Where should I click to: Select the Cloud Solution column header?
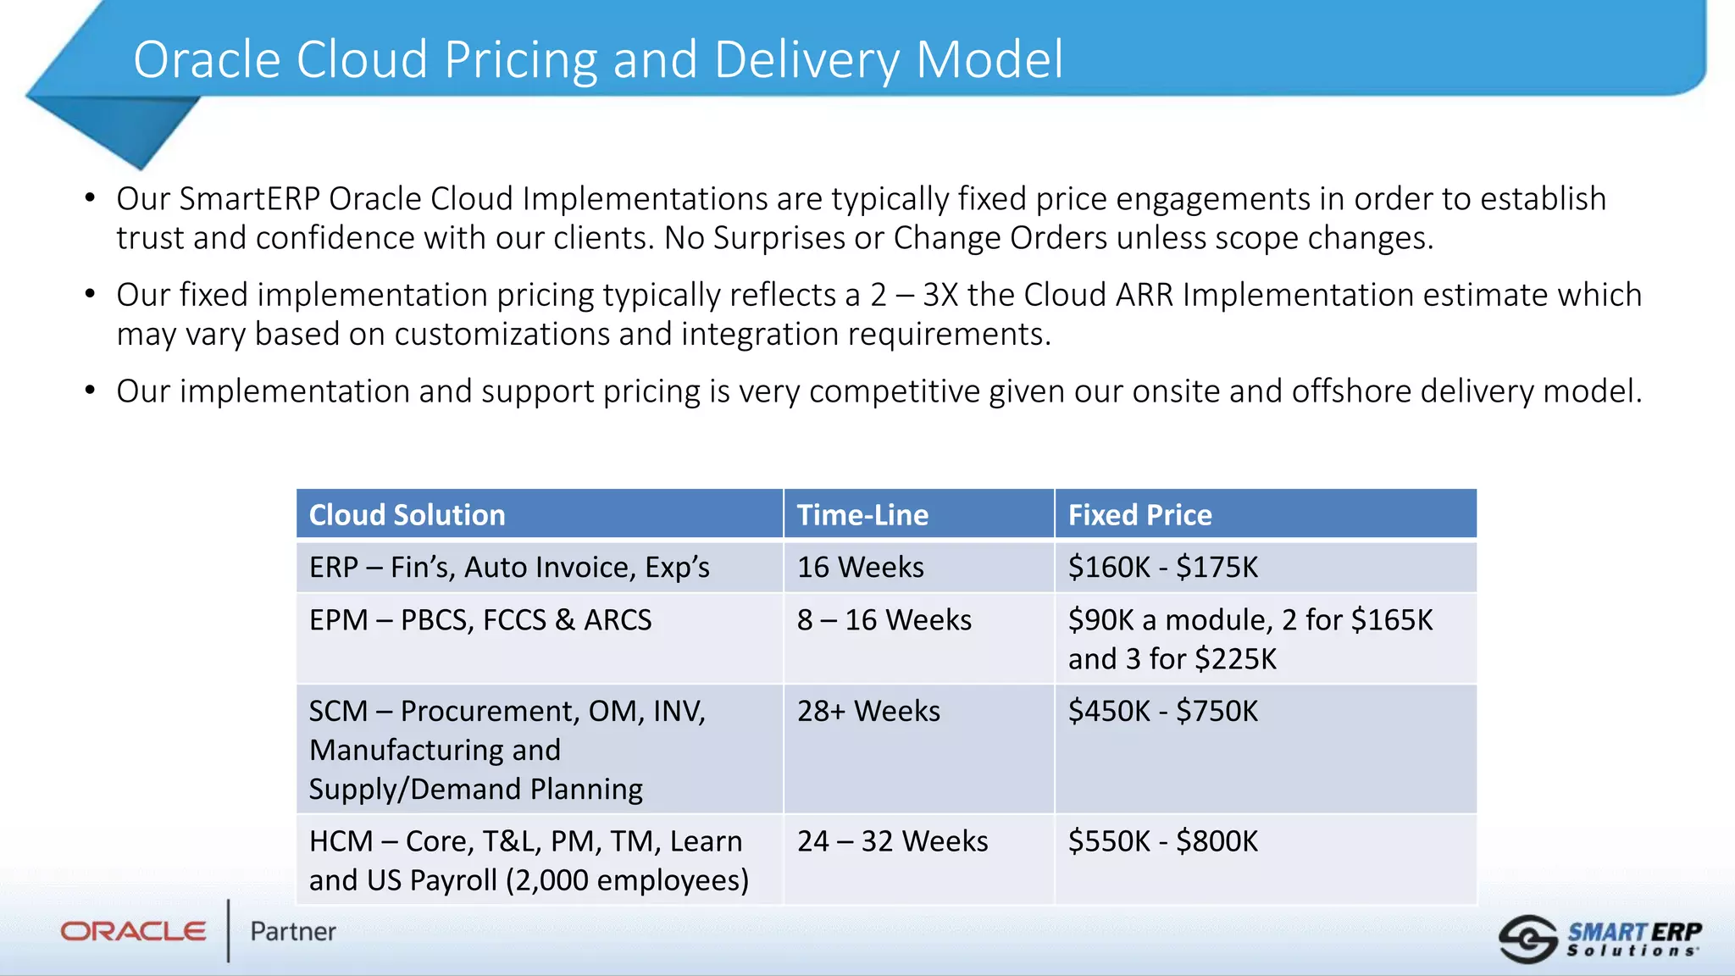pyautogui.click(x=407, y=515)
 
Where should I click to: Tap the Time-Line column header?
pyautogui.click(x=862, y=515)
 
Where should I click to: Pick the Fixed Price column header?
pyautogui.click(x=1139, y=515)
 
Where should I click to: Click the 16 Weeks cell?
pyautogui.click(x=860, y=567)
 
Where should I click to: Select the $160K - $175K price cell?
pyautogui.click(x=1162, y=567)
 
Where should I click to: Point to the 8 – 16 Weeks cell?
pyautogui.click(x=884, y=620)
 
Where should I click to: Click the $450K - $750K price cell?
pyautogui.click(x=1162, y=711)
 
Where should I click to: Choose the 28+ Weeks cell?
pyautogui.click(x=868, y=711)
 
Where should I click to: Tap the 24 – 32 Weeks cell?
pyautogui.click(x=892, y=841)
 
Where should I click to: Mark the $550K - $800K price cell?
pyautogui.click(x=1162, y=841)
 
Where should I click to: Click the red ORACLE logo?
pyautogui.click(x=133, y=932)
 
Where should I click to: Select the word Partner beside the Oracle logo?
pyautogui.click(x=293, y=932)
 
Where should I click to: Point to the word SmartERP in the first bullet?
pyautogui.click(x=250, y=199)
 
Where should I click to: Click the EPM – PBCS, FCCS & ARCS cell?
pyautogui.click(x=480, y=620)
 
